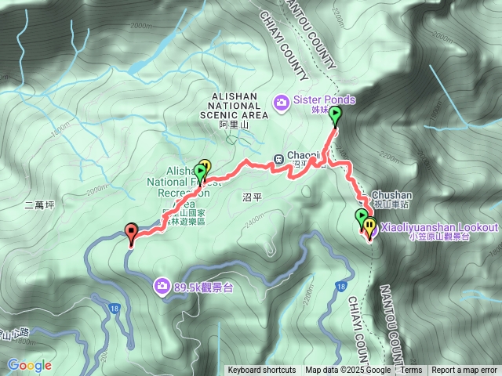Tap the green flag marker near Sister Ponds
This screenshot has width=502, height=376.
coord(336,116)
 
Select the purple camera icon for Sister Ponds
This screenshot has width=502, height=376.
coord(282,101)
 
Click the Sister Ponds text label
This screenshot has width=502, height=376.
coord(325,100)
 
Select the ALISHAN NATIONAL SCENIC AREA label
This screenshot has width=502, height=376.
coord(235,105)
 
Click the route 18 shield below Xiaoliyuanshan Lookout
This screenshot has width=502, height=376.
coord(340,287)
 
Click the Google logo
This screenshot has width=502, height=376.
coord(30,365)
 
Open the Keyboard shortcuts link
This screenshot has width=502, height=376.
coord(261,371)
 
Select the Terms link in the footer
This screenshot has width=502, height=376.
coord(412,371)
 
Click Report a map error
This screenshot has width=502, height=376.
coord(465,371)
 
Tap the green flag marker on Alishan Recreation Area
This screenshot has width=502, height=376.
coord(200,172)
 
